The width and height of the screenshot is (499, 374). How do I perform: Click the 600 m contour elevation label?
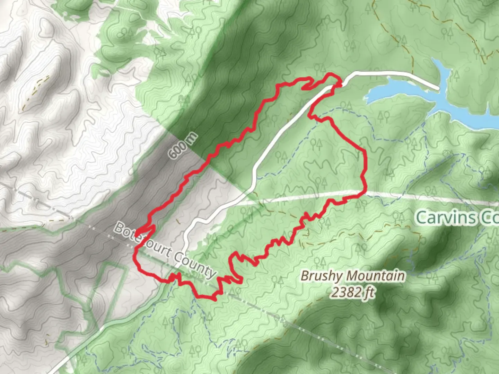click(x=183, y=146)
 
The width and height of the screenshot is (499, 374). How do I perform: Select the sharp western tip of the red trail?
click(x=136, y=233)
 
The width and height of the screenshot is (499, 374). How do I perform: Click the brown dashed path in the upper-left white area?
click(x=35, y=92)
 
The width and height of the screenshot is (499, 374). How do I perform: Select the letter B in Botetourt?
click(x=120, y=228)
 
